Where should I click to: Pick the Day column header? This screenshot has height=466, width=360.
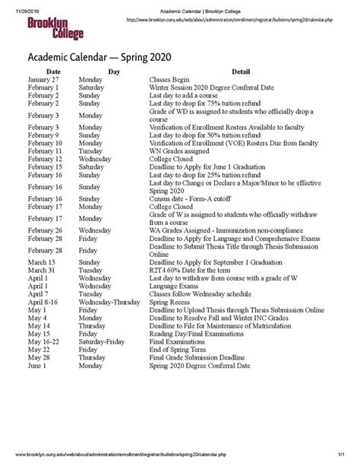113,71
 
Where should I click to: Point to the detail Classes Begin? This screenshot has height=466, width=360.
172,79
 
